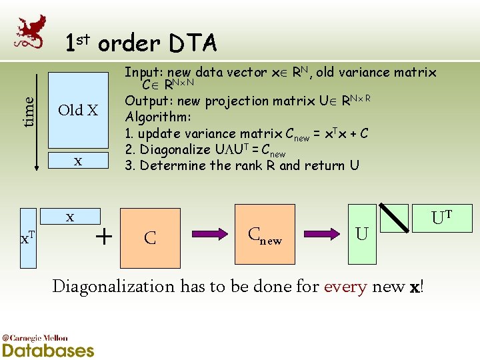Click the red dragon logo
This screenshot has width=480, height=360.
pos(31,30)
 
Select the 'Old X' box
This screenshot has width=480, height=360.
pos(79,109)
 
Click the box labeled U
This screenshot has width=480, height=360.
pos(362,234)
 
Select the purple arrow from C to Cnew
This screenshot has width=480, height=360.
pos(210,234)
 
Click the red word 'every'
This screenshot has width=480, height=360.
pos(346,287)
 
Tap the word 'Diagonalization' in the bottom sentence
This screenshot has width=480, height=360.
pos(113,287)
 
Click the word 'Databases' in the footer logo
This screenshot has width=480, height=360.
pos(48,349)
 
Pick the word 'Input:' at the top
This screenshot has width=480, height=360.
pos(143,71)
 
